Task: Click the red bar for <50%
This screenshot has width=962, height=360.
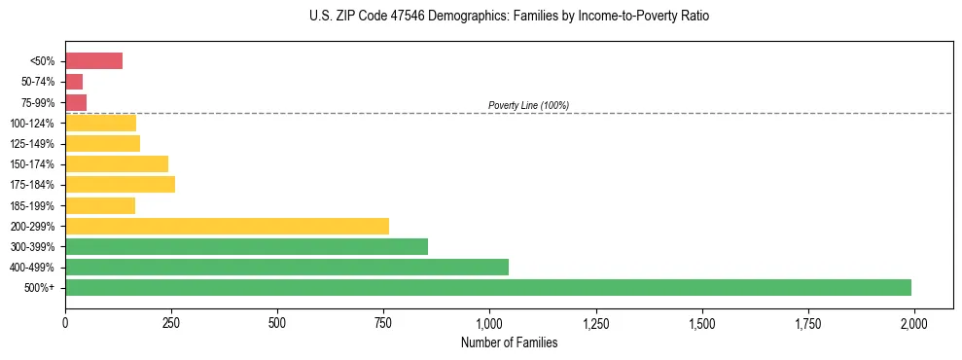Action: point(93,61)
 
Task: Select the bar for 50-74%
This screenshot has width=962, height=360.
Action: point(74,82)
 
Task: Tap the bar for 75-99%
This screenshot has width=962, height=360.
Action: point(76,102)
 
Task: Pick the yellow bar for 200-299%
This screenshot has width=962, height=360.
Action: point(227,226)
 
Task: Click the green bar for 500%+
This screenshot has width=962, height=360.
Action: point(487,287)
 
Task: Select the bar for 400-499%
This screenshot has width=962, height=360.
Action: point(287,267)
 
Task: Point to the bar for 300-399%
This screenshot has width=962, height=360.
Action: point(246,246)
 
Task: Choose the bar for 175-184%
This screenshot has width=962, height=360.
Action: point(120,185)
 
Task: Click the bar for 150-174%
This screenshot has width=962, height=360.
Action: point(117,164)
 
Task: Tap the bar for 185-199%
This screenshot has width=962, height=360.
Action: point(100,205)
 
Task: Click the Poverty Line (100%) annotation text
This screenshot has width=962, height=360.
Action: point(528,105)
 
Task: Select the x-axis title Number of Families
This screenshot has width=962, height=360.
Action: point(509,342)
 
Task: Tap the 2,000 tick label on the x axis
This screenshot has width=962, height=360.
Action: point(913,322)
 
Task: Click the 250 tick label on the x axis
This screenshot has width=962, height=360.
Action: point(171,322)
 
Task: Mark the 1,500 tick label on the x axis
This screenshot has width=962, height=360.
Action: point(701,322)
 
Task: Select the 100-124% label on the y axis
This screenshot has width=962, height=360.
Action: point(32,124)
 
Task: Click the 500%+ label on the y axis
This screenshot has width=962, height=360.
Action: point(41,288)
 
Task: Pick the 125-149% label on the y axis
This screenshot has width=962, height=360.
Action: point(32,144)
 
